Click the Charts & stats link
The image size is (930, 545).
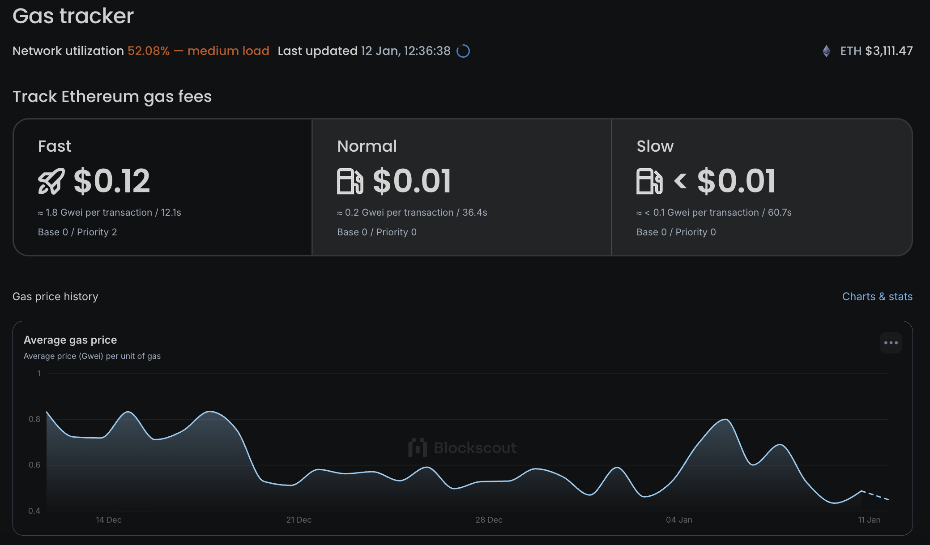(x=877, y=297)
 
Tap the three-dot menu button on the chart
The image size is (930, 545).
(x=891, y=343)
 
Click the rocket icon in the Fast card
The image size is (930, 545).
(x=51, y=181)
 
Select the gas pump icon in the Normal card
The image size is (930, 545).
(x=350, y=181)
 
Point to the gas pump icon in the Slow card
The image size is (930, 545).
(x=649, y=181)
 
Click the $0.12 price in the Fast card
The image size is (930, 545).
(x=112, y=181)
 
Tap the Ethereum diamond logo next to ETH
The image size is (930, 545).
(x=826, y=51)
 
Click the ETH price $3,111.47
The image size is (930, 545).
(x=889, y=51)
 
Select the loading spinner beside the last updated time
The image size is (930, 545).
(x=463, y=51)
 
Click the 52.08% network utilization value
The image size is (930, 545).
(x=149, y=51)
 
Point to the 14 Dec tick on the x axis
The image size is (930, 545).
(x=109, y=520)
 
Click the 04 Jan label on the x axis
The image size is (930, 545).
(x=679, y=520)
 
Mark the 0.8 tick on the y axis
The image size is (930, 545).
(x=34, y=419)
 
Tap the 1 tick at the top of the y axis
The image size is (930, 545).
(x=39, y=374)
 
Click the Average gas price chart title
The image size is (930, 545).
(x=70, y=340)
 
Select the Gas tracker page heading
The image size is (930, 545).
(x=73, y=16)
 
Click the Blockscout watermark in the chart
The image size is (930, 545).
(x=463, y=447)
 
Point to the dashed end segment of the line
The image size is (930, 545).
(x=876, y=495)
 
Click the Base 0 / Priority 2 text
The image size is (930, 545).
(x=77, y=232)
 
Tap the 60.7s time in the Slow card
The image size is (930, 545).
(x=780, y=213)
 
